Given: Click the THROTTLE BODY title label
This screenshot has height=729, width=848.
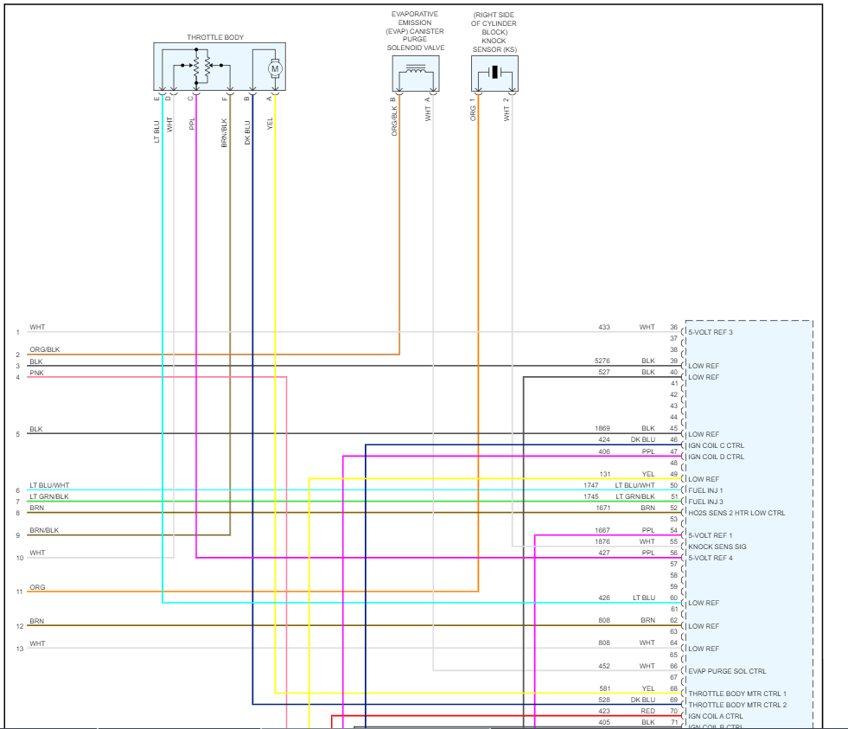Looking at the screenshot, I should coord(215,38).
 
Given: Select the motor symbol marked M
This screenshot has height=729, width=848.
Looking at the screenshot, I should coord(275,68).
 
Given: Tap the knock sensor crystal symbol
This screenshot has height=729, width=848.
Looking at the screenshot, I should coord(494,72).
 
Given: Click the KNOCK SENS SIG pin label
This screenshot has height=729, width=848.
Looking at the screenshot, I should coord(717,547).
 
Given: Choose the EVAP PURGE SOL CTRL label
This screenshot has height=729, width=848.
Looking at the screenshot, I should coord(727,671).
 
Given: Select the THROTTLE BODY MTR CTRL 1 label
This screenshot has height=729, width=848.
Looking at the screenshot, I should coord(737,694).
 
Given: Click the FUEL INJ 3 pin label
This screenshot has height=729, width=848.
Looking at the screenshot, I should coord(705,502).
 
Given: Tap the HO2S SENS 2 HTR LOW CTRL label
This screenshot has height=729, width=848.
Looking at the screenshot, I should coord(736,513).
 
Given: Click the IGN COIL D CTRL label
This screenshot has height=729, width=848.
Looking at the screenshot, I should coord(716,457).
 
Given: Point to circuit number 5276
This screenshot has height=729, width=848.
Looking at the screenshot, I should coord(603,361).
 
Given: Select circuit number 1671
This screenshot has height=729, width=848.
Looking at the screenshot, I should coord(603,508).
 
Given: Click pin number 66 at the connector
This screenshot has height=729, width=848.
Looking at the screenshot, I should coord(673,666).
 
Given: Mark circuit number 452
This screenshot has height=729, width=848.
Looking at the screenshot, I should coord(604,666).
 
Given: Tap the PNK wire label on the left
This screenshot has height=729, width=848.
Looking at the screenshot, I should coord(36,373).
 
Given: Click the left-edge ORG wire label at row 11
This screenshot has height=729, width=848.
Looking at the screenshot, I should coord(37,587).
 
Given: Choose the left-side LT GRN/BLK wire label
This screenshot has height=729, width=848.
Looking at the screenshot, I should coord(49,496).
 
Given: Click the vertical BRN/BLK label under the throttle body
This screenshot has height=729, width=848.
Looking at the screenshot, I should coord(225,131).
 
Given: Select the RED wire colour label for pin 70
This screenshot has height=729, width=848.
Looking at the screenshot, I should coord(648,711).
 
